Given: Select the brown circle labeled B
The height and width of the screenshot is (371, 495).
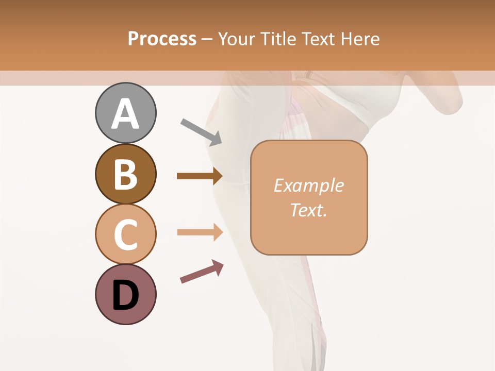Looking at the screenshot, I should click(125, 174).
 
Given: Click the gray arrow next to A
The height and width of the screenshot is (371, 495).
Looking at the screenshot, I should click(201, 131).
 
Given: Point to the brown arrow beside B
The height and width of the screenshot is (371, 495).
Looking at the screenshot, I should click(200, 176).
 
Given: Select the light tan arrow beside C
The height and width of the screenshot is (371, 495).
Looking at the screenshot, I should click(200, 232).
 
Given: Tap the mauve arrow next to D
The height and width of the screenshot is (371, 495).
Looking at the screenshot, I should click(202, 272).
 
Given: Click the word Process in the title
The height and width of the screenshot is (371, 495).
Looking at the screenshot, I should click(162, 39).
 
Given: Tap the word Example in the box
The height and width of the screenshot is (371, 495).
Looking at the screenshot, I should click(309, 186).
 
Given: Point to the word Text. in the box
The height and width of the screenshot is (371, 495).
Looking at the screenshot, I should click(309, 210).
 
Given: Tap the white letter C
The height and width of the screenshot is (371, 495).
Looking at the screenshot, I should click(125, 234).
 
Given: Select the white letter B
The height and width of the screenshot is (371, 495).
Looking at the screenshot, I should click(125, 175).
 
